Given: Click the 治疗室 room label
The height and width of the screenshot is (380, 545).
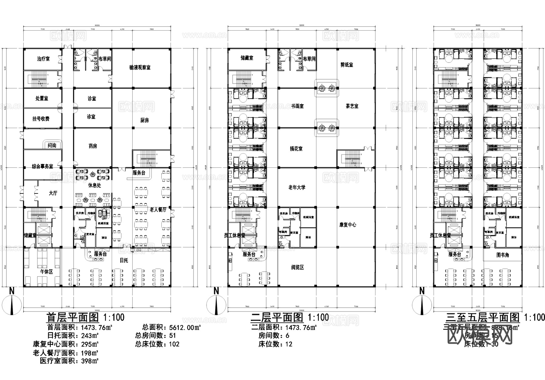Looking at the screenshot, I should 43,59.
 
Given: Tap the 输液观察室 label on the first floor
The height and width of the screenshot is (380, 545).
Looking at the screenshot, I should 140,67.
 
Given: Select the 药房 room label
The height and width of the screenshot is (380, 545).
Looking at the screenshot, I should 93,146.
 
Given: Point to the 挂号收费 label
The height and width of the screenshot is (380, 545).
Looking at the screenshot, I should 41,119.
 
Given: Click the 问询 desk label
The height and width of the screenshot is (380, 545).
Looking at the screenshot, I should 52,146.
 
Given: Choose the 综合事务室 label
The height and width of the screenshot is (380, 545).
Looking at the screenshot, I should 43,167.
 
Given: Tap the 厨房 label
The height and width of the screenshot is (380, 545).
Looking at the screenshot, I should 144,120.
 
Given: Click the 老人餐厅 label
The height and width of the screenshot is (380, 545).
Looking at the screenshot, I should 158,210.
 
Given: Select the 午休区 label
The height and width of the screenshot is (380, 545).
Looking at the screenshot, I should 47,272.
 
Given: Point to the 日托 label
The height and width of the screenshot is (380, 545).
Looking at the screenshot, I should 124,260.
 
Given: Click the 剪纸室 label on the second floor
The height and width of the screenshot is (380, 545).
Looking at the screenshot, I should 346,65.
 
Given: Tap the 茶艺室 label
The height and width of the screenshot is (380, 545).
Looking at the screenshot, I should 352,106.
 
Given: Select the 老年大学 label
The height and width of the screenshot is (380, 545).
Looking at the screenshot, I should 297,187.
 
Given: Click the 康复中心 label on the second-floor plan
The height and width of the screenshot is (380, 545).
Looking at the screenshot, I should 348,225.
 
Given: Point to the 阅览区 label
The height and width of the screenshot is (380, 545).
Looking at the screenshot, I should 297,267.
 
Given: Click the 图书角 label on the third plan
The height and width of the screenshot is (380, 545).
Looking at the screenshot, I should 503,255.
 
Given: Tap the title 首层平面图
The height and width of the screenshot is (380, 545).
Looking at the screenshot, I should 73,318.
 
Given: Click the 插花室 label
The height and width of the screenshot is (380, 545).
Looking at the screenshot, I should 296,149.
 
